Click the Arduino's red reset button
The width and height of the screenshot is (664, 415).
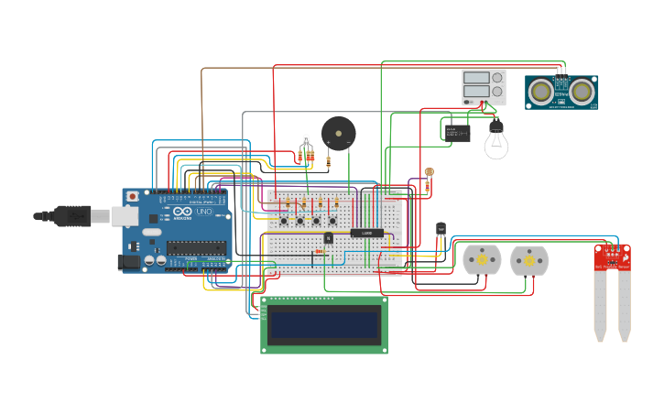[133, 196]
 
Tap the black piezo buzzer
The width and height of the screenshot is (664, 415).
[338, 133]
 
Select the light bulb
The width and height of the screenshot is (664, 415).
[495, 140]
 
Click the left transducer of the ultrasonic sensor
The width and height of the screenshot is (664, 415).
[541, 92]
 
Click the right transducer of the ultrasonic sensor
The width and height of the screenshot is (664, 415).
[582, 92]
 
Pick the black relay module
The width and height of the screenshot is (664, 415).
[458, 132]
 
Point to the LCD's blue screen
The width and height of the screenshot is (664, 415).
[323, 324]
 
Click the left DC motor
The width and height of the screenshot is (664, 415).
[481, 260]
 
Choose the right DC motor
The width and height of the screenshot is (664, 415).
[528, 260]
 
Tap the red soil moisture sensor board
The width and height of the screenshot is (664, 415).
[612, 257]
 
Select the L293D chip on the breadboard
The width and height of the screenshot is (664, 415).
[367, 233]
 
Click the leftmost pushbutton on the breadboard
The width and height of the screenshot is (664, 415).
[284, 221]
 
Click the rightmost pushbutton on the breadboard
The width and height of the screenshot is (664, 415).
[333, 221]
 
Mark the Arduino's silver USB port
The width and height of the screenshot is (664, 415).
[125, 216]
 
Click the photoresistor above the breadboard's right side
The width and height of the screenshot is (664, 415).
[430, 172]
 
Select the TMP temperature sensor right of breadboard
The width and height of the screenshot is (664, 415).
[441, 227]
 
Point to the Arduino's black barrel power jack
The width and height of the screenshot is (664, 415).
[130, 262]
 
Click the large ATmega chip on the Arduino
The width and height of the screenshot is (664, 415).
[196, 246]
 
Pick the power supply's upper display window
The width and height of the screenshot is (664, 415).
[476, 78]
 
